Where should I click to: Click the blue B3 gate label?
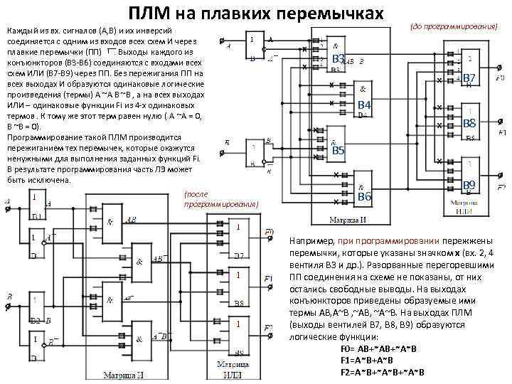tap(338, 58)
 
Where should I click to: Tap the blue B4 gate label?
tap(364, 106)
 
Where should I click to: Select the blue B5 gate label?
tap(338, 151)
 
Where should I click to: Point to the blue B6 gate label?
tap(364, 196)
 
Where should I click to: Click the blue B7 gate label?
tap(469, 78)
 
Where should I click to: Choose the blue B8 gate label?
tap(469, 124)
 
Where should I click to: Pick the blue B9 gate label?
tap(469, 186)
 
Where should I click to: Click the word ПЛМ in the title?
tap(152, 14)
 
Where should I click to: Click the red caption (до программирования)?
tap(454, 26)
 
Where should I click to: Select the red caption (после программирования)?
tap(220, 198)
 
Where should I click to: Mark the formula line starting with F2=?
tap(382, 372)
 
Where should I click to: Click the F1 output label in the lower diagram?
tap(268, 278)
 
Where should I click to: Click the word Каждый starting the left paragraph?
tap(20, 32)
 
